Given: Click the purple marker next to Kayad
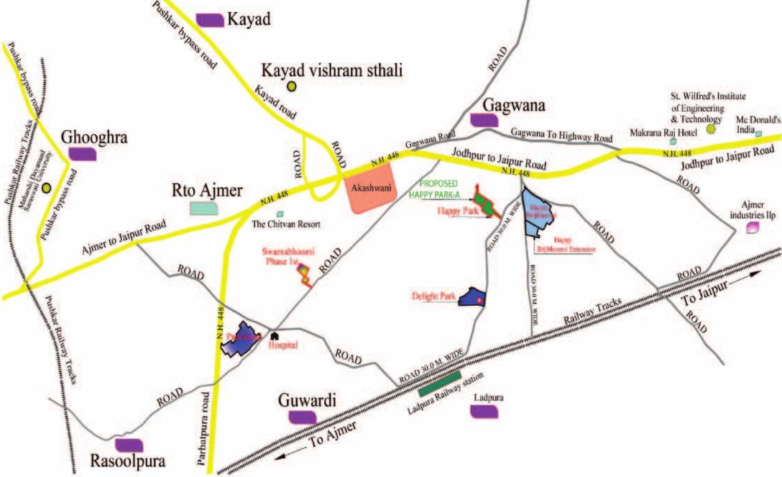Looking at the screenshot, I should click(x=209, y=20).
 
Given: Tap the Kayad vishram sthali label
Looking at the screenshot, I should click(x=332, y=69).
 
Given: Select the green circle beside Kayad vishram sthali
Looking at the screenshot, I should click(x=291, y=88).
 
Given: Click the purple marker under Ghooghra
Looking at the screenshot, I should click(x=82, y=154).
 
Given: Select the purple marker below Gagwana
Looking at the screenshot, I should click(x=484, y=120).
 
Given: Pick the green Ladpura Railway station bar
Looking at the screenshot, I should click(x=439, y=383).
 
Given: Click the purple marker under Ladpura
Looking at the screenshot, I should click(x=484, y=411).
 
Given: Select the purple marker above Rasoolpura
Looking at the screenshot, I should click(x=129, y=445).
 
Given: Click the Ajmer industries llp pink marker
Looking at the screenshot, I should click(x=753, y=228).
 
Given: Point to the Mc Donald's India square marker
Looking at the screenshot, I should click(x=758, y=133).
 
